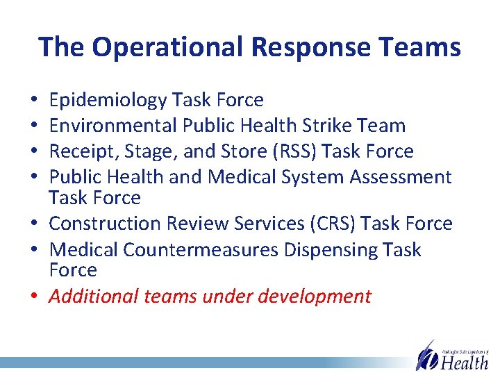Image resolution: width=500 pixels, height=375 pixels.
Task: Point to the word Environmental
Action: coord(114,126)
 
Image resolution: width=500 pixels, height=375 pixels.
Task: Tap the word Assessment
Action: coord(401,177)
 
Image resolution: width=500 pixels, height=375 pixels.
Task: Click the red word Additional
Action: coord(94,297)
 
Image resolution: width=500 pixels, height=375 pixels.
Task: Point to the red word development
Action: coord(315,297)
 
